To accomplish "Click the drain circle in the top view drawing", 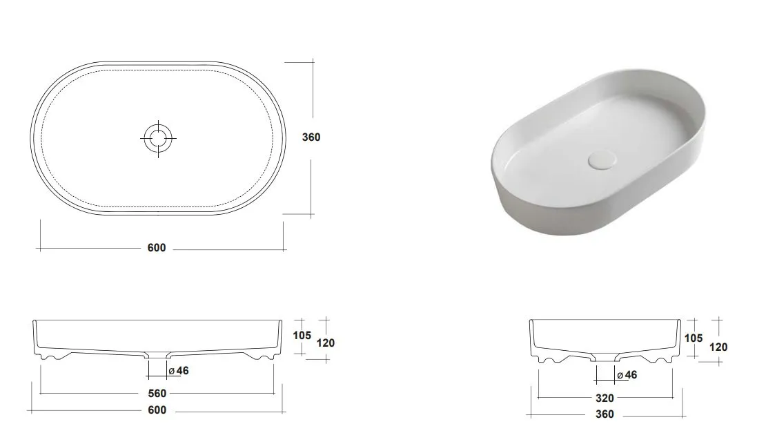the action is pyautogui.click(x=158, y=138).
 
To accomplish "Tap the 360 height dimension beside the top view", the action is pyautogui.click(x=311, y=137).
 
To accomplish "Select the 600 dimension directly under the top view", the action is pyautogui.click(x=157, y=248).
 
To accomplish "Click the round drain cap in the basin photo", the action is pyautogui.click(x=602, y=160).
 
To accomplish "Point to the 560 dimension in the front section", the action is pyautogui.click(x=157, y=393).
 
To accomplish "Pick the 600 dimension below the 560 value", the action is pyautogui.click(x=157, y=410).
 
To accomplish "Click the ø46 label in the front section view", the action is pyautogui.click(x=179, y=371).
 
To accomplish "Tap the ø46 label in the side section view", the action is pyautogui.click(x=627, y=375).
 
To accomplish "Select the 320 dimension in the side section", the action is pyautogui.click(x=605, y=398).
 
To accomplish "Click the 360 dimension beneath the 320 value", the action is pyautogui.click(x=605, y=414).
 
